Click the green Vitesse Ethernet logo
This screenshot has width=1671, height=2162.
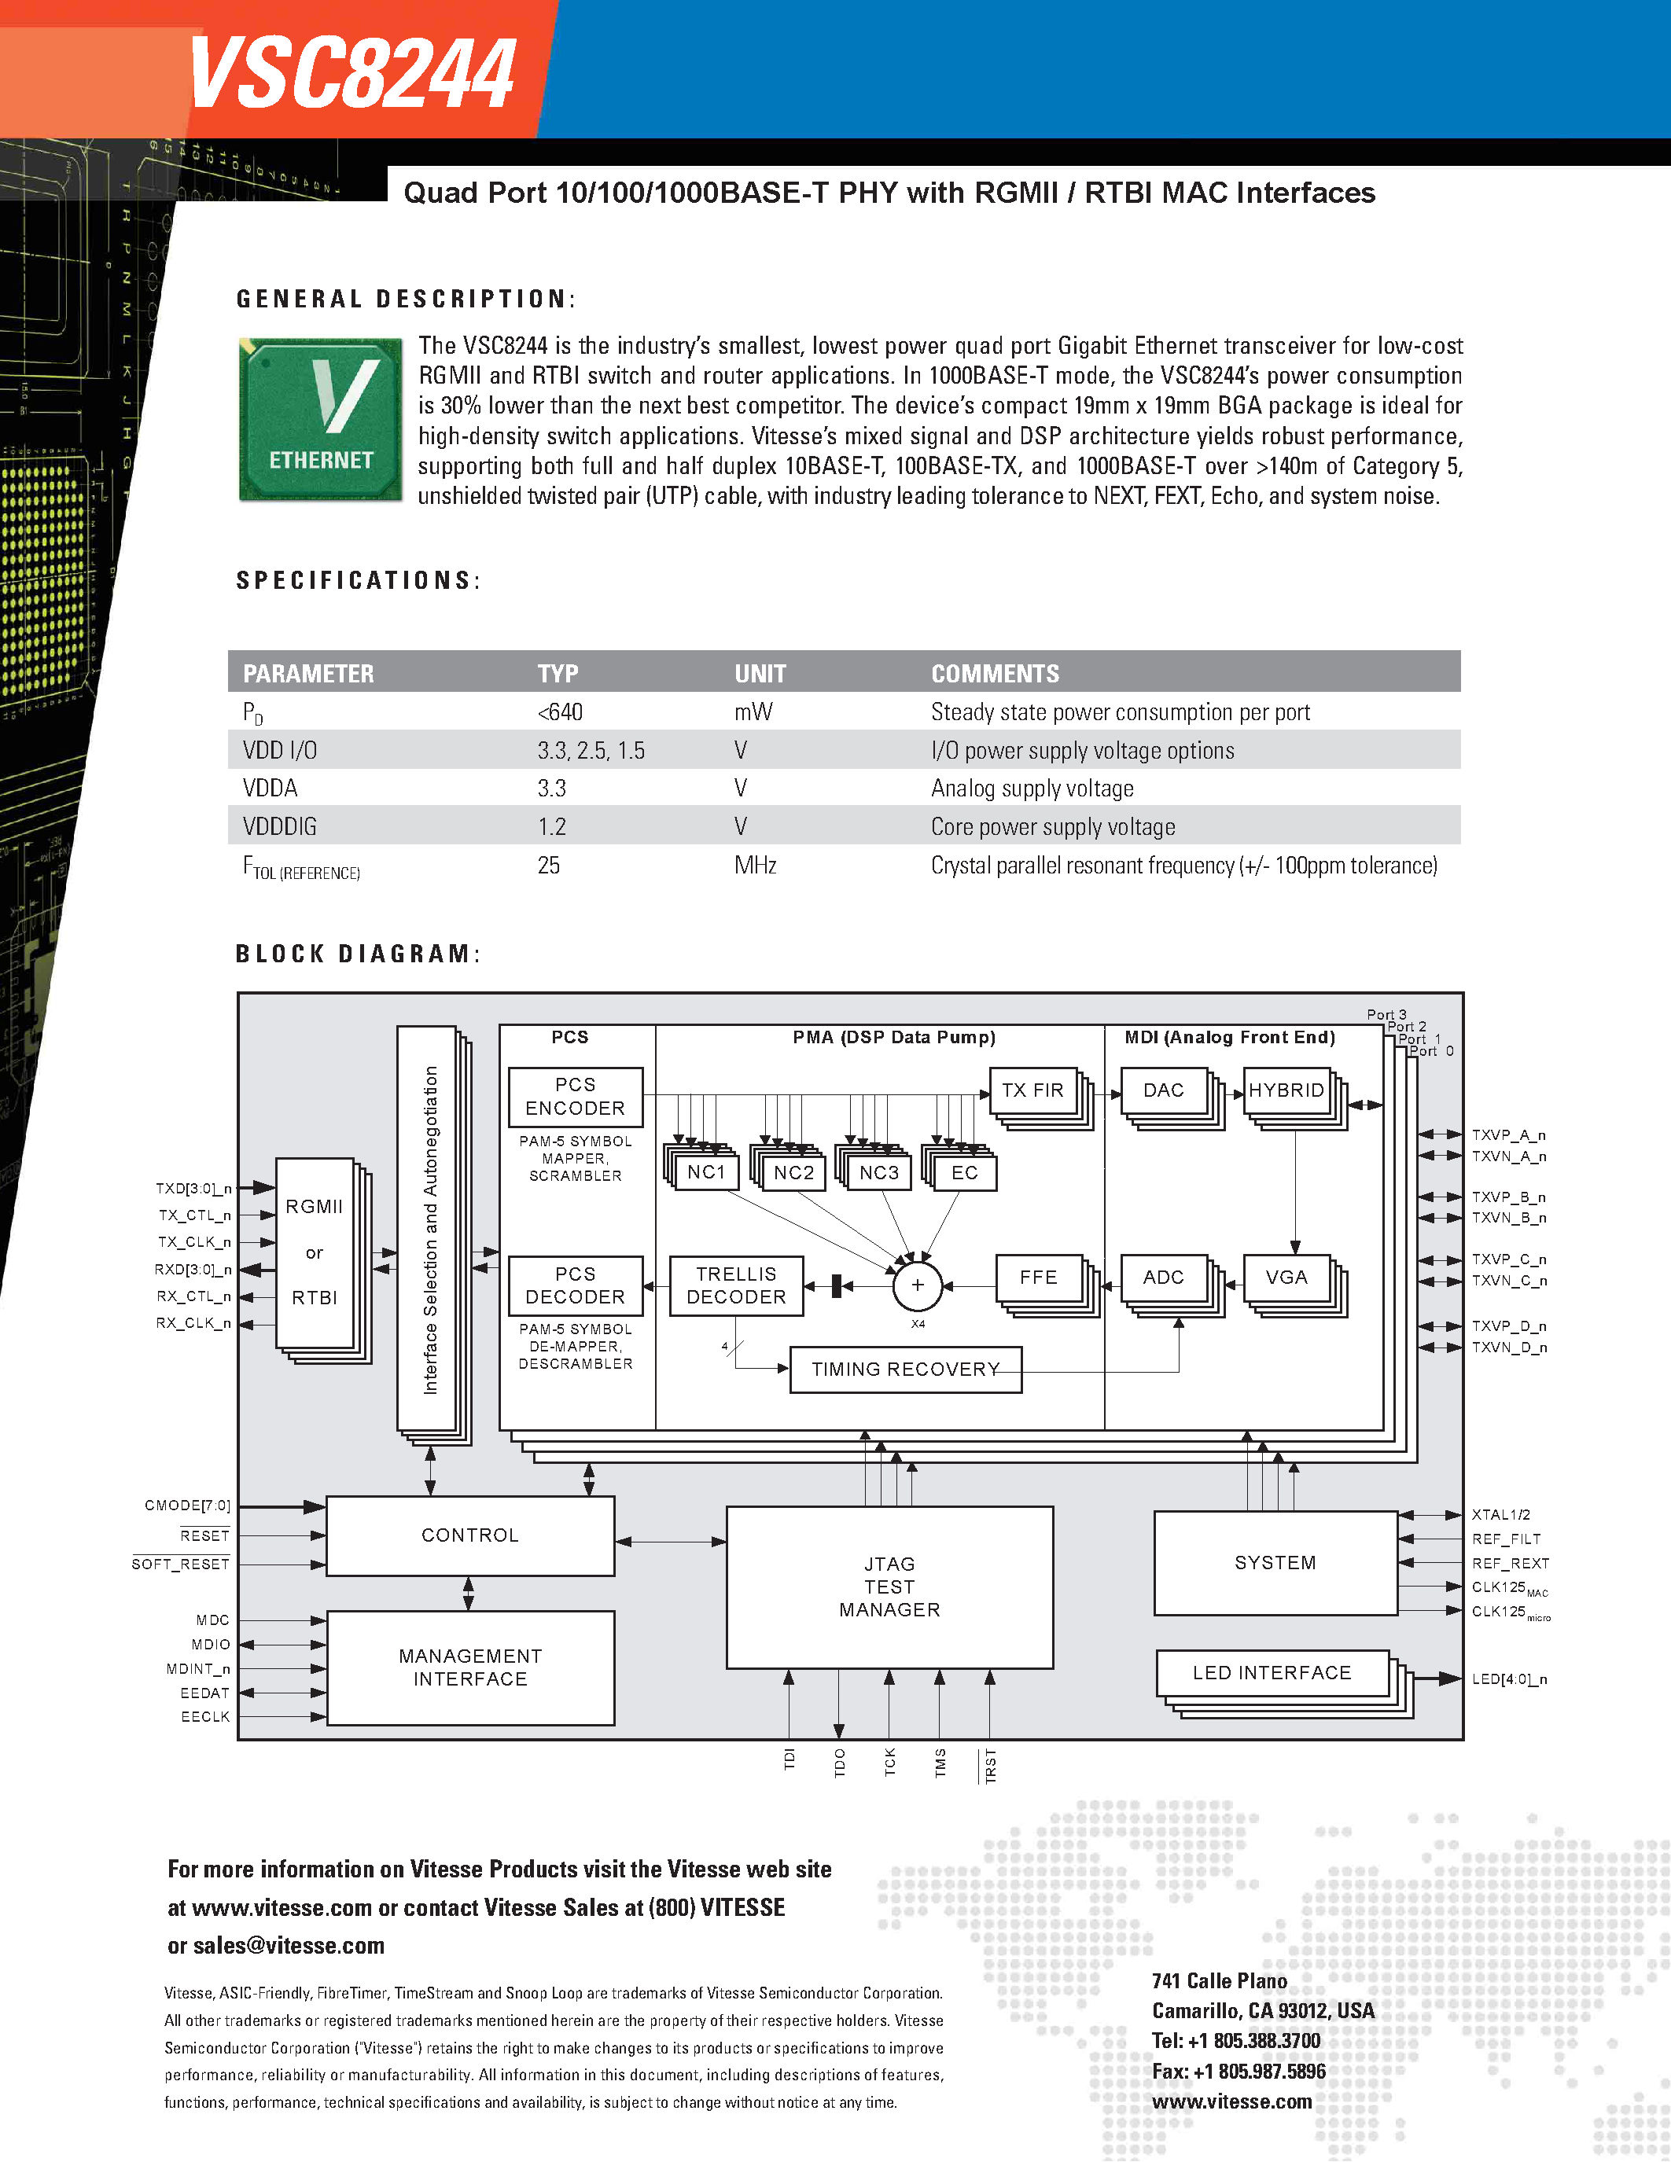[321, 419]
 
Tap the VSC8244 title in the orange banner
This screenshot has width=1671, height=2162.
[351, 73]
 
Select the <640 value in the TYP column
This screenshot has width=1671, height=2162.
[561, 711]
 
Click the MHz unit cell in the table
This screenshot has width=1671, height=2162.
[754, 866]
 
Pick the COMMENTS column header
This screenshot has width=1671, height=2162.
[995, 673]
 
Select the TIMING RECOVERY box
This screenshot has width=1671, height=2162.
[905, 1369]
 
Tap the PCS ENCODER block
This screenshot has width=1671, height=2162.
[575, 1096]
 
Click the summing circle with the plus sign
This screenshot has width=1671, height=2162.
[917, 1285]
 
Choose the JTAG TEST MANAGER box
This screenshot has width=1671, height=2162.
[889, 1587]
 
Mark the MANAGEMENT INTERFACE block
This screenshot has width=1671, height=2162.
[470, 1667]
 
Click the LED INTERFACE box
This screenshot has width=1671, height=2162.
[1272, 1672]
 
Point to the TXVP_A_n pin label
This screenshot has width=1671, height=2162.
[1507, 1135]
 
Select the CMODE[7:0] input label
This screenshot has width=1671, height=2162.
[187, 1506]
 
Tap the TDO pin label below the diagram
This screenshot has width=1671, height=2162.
[840, 1762]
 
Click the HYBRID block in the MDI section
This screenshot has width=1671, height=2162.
[1286, 1090]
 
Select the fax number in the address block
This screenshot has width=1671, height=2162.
[1239, 2071]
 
